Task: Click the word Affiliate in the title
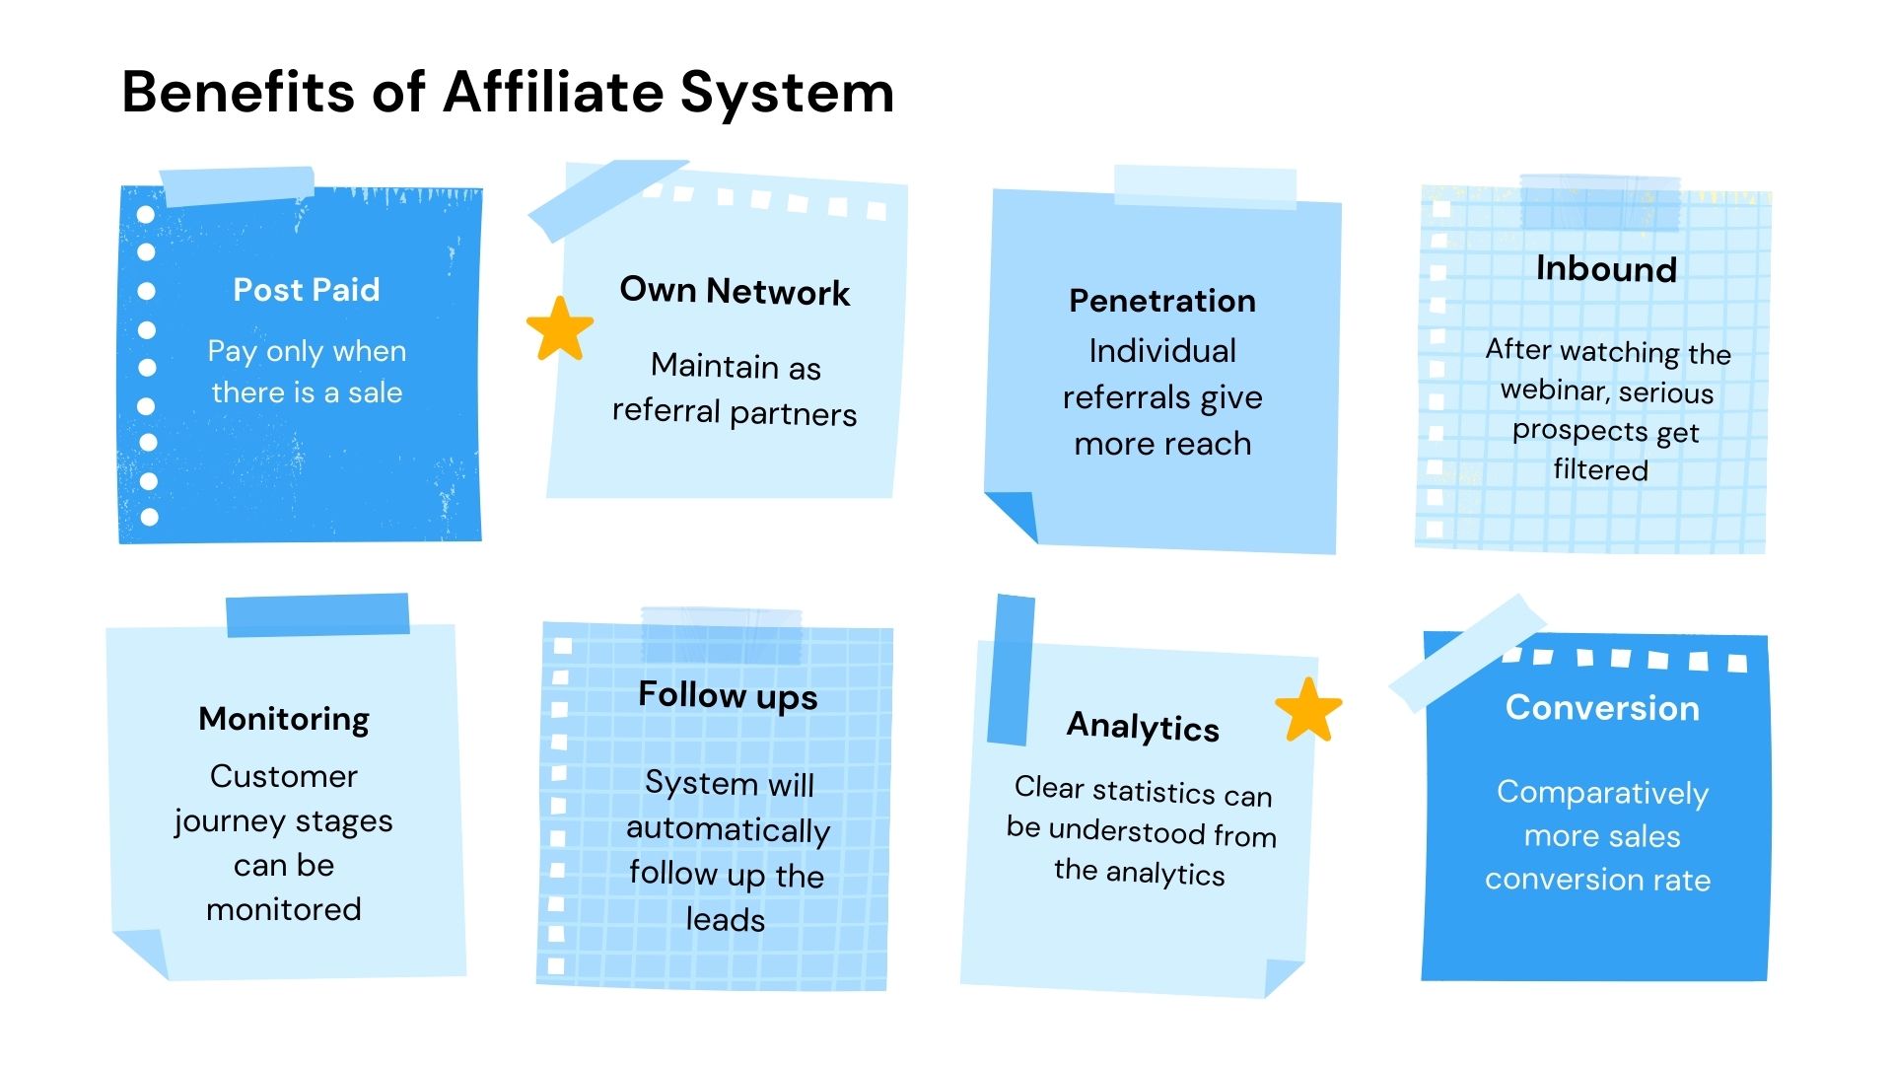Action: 553,93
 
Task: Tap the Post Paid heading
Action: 306,290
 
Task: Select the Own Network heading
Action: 735,291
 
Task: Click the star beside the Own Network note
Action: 560,328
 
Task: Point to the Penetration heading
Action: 1162,301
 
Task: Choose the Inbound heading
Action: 1606,269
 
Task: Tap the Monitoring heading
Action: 284,719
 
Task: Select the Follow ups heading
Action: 728,695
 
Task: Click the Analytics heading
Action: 1143,727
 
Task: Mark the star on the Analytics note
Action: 1308,711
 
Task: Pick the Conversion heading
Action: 1602,708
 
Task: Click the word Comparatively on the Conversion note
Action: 1602,793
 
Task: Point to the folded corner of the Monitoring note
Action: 143,952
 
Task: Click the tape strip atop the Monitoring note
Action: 317,614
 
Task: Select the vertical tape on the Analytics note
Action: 1012,671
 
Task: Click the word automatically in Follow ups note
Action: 728,830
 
